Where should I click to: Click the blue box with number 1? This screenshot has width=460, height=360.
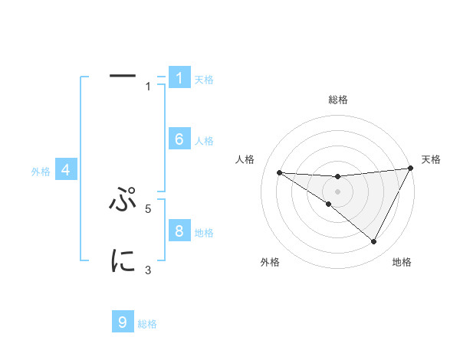[x=179, y=78]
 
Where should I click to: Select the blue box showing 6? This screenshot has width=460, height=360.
[x=179, y=139]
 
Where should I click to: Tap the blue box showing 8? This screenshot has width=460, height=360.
[x=179, y=231]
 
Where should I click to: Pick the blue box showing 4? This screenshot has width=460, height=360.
[x=66, y=170]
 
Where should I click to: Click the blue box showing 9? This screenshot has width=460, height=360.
[x=123, y=322]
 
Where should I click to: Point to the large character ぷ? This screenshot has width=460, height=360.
[x=123, y=201]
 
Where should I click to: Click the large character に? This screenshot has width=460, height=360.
[x=123, y=260]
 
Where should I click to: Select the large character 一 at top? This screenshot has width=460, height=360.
[x=123, y=77]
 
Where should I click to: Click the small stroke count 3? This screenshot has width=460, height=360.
[x=149, y=270]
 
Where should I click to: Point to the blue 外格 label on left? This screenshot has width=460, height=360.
[x=41, y=172]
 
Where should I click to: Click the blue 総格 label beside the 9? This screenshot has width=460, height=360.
[x=147, y=324]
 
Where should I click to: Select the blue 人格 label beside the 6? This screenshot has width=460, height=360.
[x=204, y=141]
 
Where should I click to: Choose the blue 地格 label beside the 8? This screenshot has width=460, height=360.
[x=204, y=232]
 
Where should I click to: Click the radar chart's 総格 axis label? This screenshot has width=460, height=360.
[x=337, y=100]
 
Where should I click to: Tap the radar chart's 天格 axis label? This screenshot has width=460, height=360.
[x=431, y=159]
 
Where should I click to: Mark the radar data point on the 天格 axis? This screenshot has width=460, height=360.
[x=410, y=169]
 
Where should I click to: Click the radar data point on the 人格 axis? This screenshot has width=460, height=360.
[x=279, y=172]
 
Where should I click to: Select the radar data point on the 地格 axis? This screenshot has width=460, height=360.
[x=374, y=242]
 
